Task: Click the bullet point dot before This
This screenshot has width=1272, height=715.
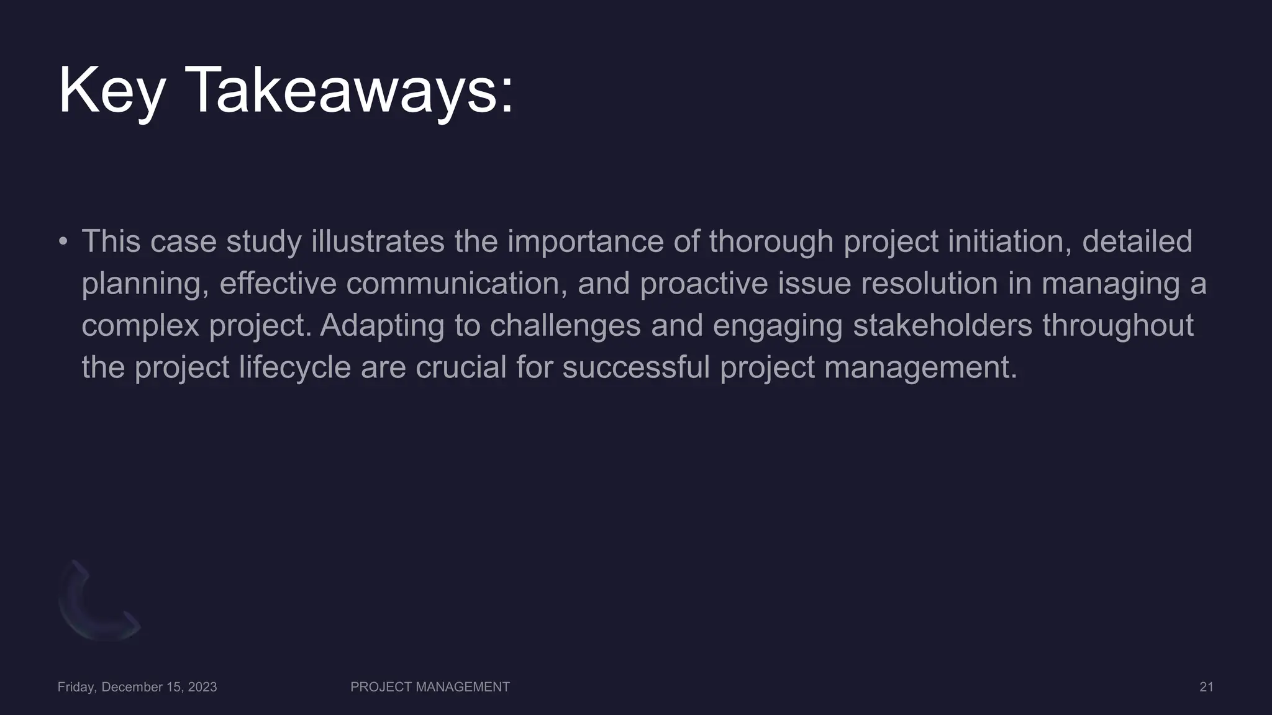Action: pyautogui.click(x=63, y=241)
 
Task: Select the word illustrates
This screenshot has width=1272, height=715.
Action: pyautogui.click(x=378, y=241)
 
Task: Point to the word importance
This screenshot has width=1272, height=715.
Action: pyautogui.click(x=585, y=241)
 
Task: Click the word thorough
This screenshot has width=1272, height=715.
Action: pyautogui.click(x=771, y=241)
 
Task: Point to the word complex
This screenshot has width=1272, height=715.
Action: pyautogui.click(x=140, y=326)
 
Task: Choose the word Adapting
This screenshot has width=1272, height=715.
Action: pyautogui.click(x=382, y=326)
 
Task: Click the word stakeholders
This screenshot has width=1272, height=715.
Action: pyautogui.click(x=942, y=326)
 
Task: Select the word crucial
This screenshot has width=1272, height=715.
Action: pyautogui.click(x=461, y=367)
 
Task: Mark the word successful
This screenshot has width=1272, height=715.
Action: pyautogui.click(x=636, y=367)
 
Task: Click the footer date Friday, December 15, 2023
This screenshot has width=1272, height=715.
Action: pyautogui.click(x=137, y=687)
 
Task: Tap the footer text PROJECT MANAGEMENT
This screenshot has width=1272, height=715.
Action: pyautogui.click(x=430, y=687)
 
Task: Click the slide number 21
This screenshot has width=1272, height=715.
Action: pyautogui.click(x=1206, y=687)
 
